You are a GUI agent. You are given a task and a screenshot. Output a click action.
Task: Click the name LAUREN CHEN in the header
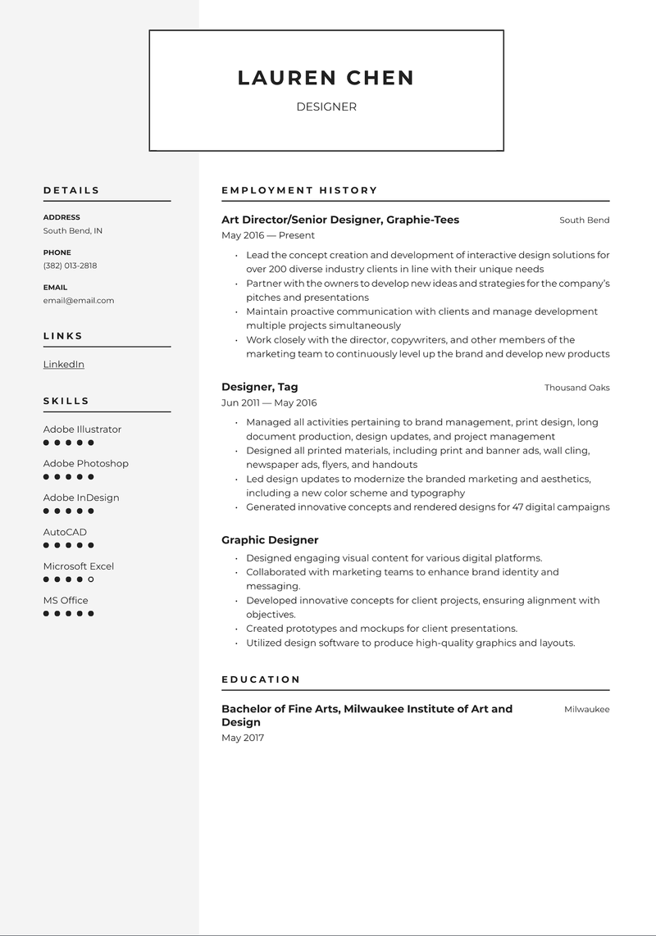pyautogui.click(x=326, y=78)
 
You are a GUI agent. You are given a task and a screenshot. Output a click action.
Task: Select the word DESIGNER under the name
pyautogui.click(x=326, y=107)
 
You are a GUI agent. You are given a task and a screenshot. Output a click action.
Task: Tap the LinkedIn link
pyautogui.click(x=64, y=364)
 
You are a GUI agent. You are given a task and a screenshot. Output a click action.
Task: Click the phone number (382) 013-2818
pyautogui.click(x=70, y=266)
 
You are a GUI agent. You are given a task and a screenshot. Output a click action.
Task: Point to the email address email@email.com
pyautogui.click(x=79, y=301)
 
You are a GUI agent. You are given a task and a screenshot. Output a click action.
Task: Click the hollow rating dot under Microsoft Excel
pyautogui.click(x=91, y=579)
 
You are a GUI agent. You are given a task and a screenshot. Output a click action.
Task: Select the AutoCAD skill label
pyautogui.click(x=66, y=532)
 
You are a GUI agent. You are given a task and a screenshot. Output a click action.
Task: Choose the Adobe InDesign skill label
pyautogui.click(x=81, y=498)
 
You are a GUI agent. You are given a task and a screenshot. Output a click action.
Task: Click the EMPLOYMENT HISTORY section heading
pyautogui.click(x=299, y=190)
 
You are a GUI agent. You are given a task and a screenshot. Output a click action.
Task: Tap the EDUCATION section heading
pyautogui.click(x=261, y=679)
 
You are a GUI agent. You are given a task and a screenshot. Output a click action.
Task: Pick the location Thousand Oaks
pyautogui.click(x=576, y=388)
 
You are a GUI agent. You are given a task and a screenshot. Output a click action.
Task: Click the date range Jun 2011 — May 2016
pyautogui.click(x=269, y=402)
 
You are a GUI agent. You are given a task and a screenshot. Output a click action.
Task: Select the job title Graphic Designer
pyautogui.click(x=270, y=540)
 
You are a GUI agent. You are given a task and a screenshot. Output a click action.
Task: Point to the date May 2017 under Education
pyautogui.click(x=243, y=738)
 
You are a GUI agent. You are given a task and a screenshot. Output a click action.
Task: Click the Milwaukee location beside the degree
pyautogui.click(x=586, y=710)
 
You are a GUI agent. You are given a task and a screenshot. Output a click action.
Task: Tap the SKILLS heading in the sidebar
pyautogui.click(x=66, y=401)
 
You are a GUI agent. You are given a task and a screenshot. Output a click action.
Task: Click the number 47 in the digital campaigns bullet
pyautogui.click(x=518, y=507)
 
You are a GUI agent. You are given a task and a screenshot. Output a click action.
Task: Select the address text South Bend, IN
pyautogui.click(x=73, y=231)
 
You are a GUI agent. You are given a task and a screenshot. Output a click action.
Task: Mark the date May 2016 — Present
pyautogui.click(x=268, y=235)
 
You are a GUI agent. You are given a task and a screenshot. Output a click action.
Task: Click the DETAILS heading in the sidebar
pyautogui.click(x=71, y=190)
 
